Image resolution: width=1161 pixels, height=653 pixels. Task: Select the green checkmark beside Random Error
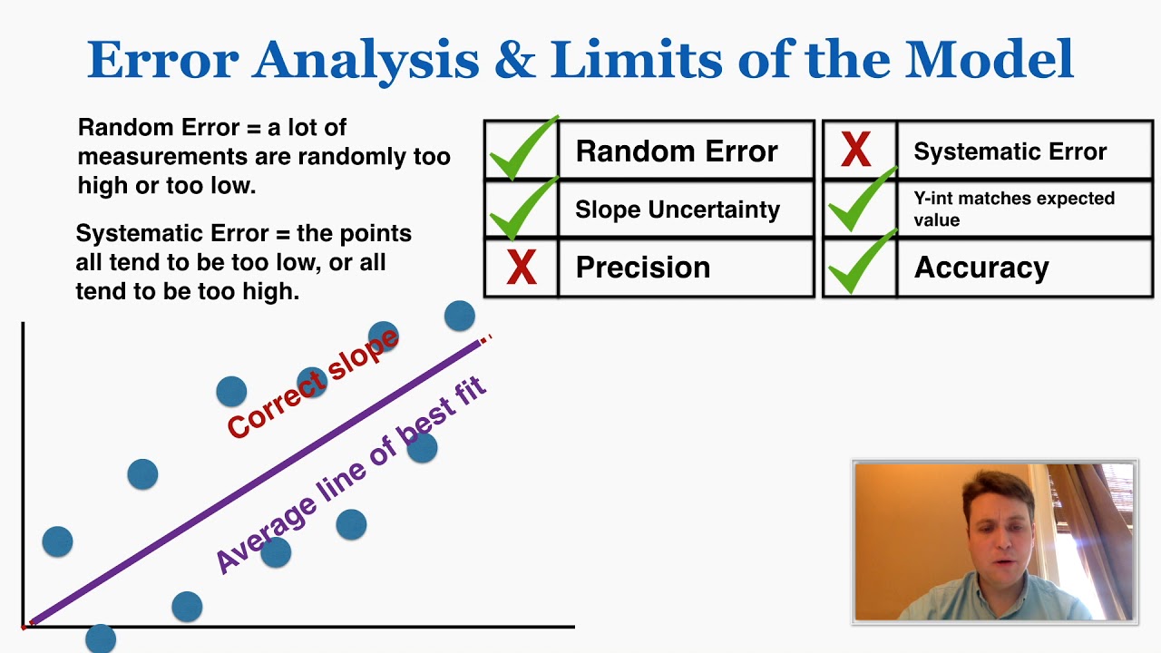click(x=523, y=149)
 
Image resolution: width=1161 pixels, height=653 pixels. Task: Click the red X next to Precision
click(x=522, y=268)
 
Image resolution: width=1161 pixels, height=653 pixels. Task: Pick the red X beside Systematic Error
click(x=856, y=151)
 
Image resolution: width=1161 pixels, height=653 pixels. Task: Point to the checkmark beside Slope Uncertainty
click(x=523, y=209)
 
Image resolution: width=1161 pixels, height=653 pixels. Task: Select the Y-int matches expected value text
click(x=1013, y=209)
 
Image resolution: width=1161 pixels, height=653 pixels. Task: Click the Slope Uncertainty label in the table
click(x=677, y=210)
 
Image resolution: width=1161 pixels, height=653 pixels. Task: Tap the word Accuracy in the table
click(x=981, y=268)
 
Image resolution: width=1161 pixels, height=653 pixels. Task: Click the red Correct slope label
click(x=313, y=384)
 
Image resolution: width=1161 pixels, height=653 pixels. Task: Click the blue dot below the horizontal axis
click(x=101, y=638)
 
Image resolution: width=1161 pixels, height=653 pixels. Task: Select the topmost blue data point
click(x=460, y=316)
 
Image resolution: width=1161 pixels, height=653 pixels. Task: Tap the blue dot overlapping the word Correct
click(x=231, y=392)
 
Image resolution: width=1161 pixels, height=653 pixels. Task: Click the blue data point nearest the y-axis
click(x=57, y=541)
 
